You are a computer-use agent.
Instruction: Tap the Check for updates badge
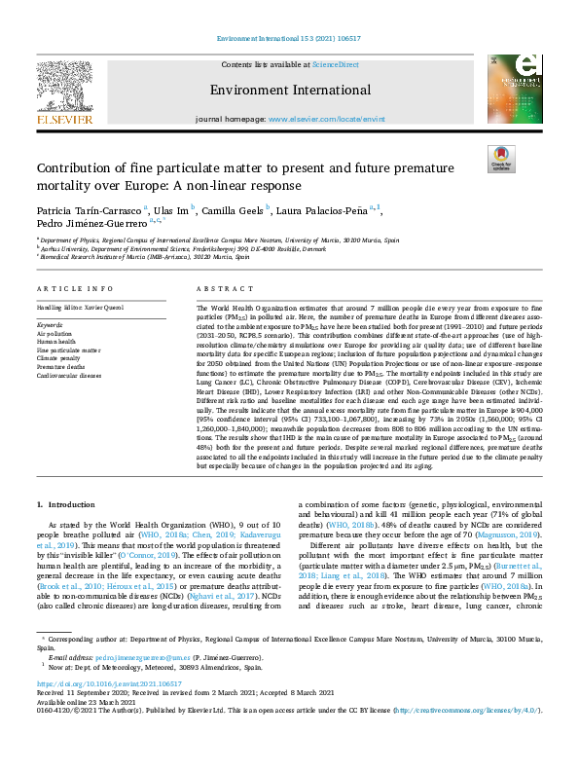(x=501, y=160)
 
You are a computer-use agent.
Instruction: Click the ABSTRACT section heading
(x=219, y=290)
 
